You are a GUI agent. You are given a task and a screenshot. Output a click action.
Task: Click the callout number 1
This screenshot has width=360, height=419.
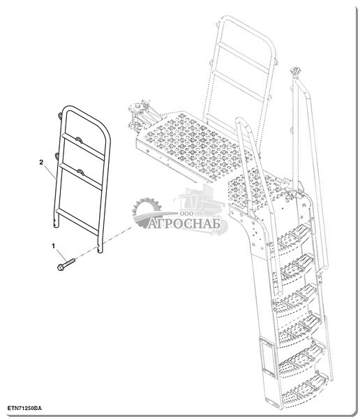point(54,246)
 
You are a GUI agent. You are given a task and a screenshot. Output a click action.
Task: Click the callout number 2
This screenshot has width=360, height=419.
point(41,162)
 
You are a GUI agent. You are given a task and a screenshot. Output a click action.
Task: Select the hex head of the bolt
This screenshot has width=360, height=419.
point(61,267)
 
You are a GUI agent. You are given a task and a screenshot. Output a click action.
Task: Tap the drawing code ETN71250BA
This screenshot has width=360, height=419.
point(24,408)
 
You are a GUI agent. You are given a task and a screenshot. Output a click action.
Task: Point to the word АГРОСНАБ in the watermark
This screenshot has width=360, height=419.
point(184,224)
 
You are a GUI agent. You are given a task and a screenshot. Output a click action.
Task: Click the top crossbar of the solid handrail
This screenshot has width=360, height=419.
point(83,146)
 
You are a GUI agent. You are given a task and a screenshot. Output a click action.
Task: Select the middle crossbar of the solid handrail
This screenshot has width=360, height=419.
point(81,177)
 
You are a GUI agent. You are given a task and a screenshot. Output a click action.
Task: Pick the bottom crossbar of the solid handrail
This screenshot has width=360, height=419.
point(77,221)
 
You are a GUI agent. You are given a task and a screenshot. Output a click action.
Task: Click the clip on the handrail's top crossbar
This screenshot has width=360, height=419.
point(79,140)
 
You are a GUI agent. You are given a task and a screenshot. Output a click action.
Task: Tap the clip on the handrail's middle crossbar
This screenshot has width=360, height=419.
point(80,172)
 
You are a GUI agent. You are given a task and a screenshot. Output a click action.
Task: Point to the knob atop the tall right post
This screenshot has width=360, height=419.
point(295,71)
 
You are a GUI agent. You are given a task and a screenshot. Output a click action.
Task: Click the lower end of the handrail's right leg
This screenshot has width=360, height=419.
point(100,251)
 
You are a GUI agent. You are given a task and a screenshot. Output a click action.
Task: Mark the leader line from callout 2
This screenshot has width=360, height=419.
point(50,172)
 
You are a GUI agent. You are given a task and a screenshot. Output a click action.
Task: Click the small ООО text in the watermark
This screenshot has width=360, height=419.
point(187,214)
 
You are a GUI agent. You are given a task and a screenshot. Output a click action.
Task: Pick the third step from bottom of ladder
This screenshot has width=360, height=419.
point(299,329)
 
